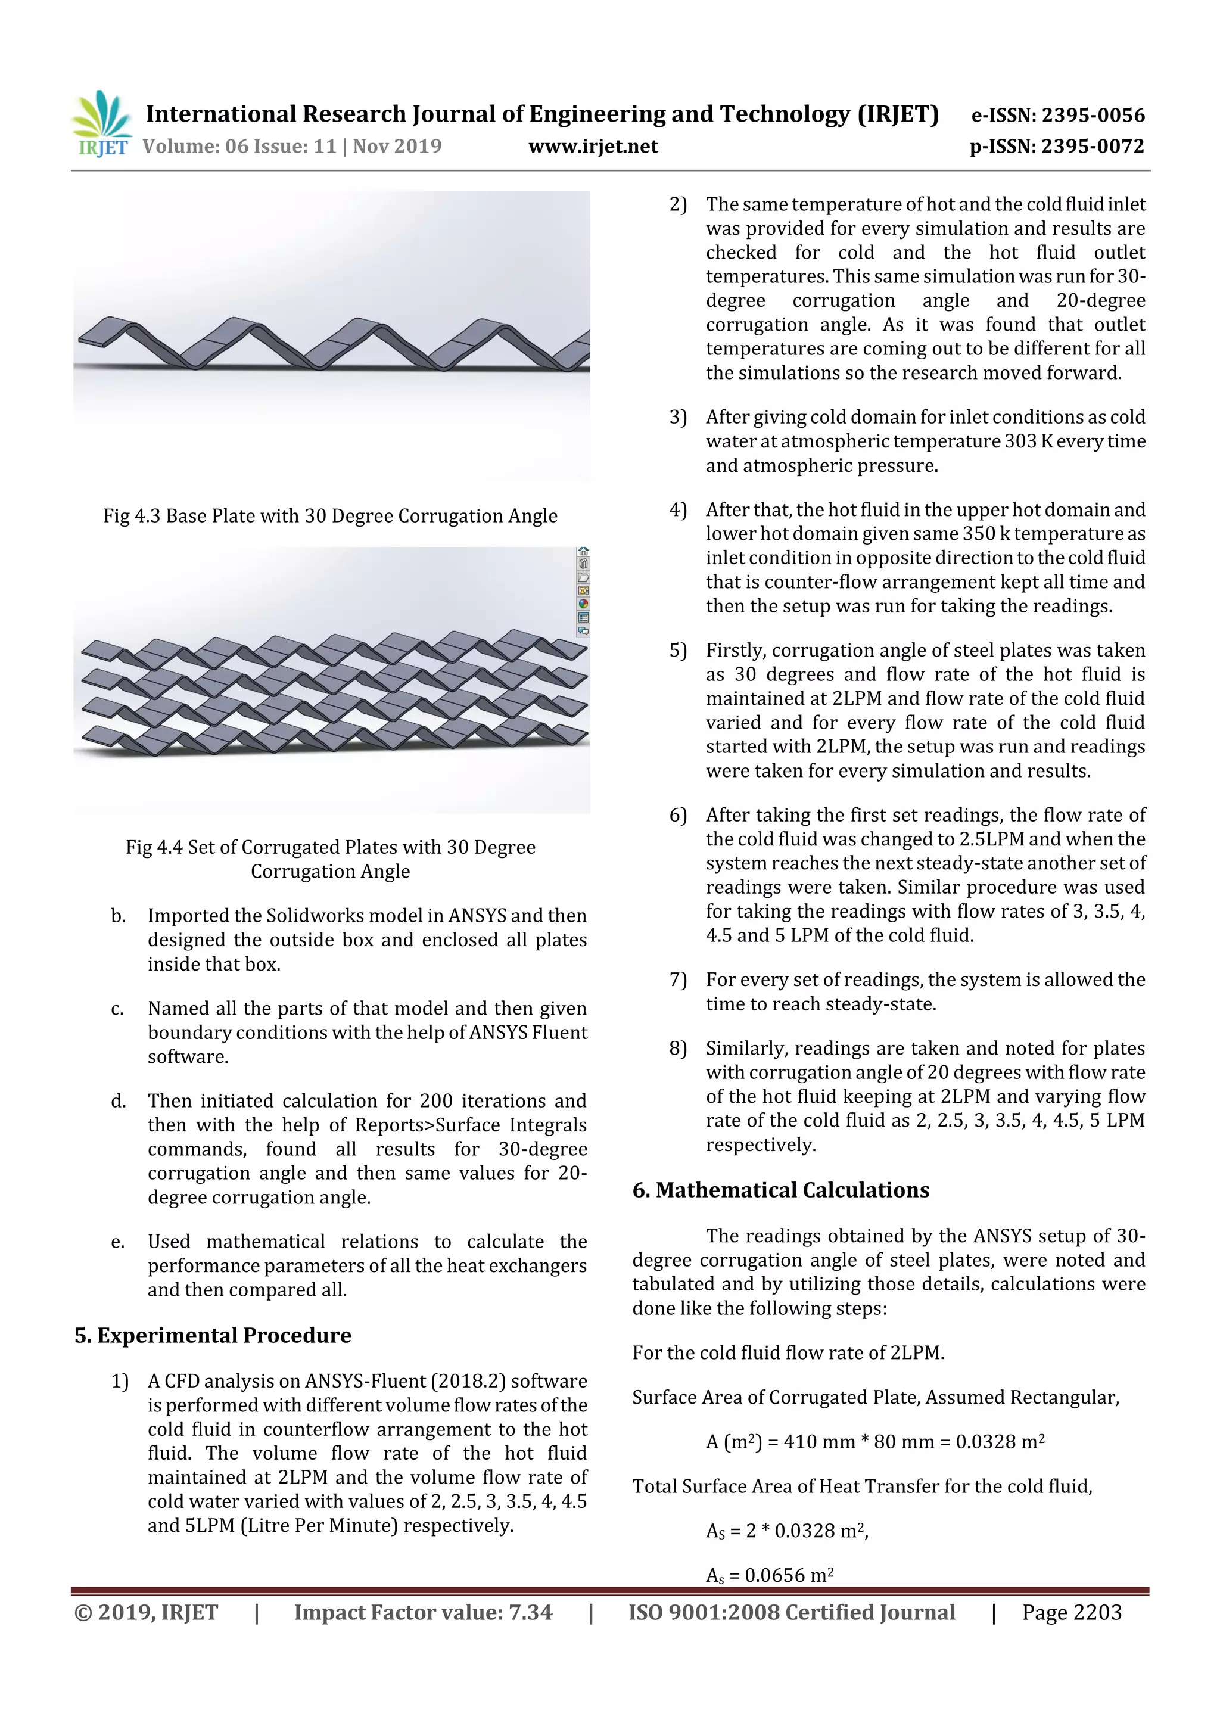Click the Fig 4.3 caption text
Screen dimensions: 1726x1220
(x=330, y=516)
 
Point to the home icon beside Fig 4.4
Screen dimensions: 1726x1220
(x=583, y=552)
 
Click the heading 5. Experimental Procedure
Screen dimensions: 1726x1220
(x=213, y=1335)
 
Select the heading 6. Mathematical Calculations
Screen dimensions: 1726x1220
(x=780, y=1190)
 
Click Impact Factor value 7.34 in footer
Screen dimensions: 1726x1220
(x=422, y=1612)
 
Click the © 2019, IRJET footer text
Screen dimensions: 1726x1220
(x=146, y=1612)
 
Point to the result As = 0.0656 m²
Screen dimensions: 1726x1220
(x=770, y=1575)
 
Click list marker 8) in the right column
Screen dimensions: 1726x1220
(x=678, y=1048)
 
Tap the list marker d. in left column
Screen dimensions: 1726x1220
(x=118, y=1100)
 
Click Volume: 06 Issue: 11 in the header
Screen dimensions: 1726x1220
(x=239, y=147)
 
